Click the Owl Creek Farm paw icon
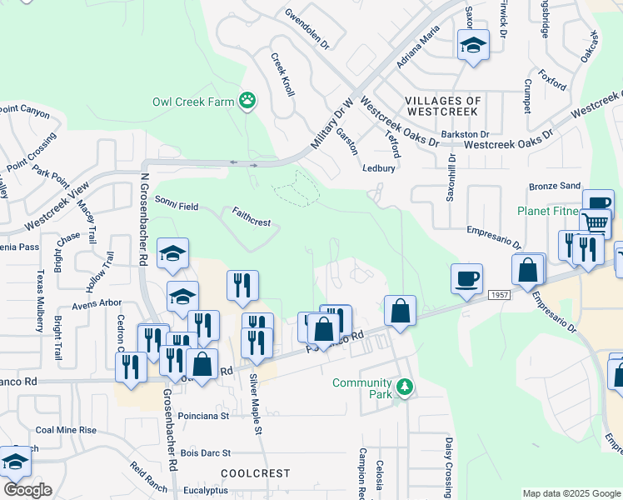247,102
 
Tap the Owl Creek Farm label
194,102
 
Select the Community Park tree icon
405,387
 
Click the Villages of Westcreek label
441,106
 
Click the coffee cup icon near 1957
466,277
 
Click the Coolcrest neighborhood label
255,472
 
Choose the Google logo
27,490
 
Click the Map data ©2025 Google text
571,493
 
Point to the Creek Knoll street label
283,75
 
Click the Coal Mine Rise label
66,430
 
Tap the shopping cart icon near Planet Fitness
596,222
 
